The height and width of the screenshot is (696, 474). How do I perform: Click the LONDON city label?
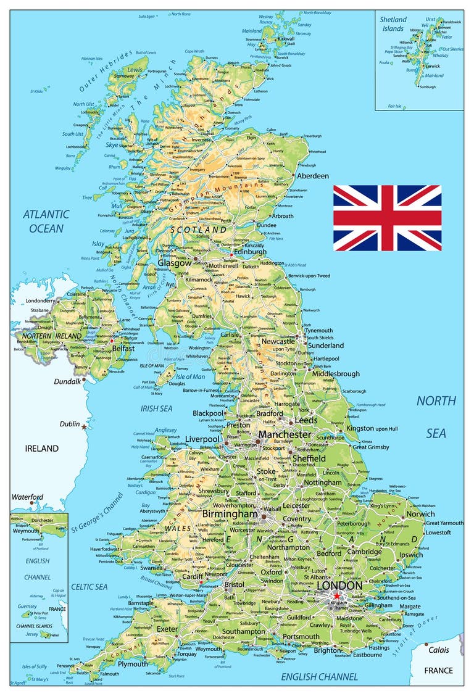(x=339, y=585)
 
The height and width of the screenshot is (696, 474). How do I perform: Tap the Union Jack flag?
(x=387, y=218)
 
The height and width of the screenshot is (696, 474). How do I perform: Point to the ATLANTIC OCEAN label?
(x=46, y=221)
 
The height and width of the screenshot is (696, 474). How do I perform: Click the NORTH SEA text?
(x=436, y=416)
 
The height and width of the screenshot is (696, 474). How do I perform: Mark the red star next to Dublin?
(x=85, y=426)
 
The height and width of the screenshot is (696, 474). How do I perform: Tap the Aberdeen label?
(x=313, y=176)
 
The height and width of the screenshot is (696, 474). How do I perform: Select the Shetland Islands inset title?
(x=393, y=23)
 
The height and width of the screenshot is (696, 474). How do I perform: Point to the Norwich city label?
(x=420, y=513)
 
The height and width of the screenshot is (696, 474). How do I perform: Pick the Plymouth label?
(x=133, y=664)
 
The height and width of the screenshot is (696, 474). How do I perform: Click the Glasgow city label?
(x=174, y=262)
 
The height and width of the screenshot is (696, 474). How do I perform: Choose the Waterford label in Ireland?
(x=28, y=497)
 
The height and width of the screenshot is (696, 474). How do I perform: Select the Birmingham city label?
(x=230, y=513)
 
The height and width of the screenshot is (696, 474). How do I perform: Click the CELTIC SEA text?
(x=89, y=586)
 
